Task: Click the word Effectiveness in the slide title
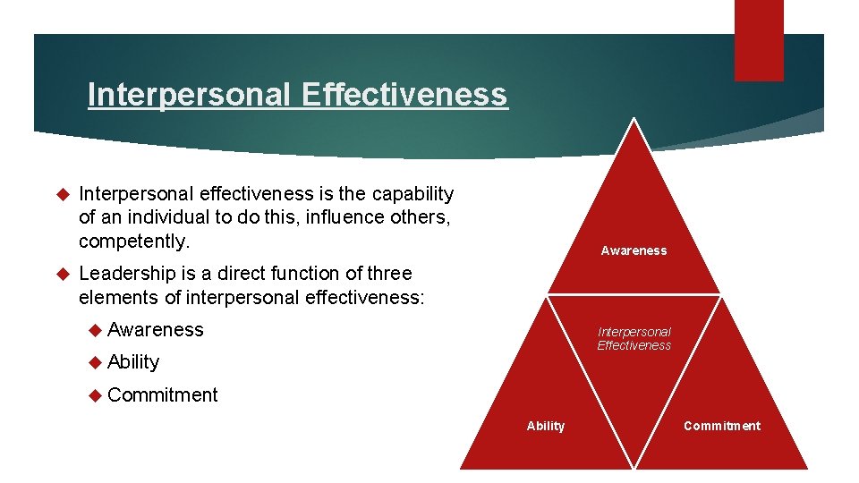[404, 94]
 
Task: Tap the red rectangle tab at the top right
[759, 39]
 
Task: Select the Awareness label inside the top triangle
[634, 251]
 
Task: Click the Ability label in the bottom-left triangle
[546, 427]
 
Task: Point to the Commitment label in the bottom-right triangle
[721, 427]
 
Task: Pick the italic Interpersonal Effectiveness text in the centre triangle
[634, 339]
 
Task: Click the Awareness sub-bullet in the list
[156, 330]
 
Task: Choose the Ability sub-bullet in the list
[133, 362]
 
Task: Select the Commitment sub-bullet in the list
[162, 395]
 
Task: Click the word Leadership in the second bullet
[125, 274]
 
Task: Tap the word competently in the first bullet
[133, 241]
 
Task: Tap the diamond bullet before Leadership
[63, 274]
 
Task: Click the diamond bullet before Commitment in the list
[96, 395]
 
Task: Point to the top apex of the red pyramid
[634, 120]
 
